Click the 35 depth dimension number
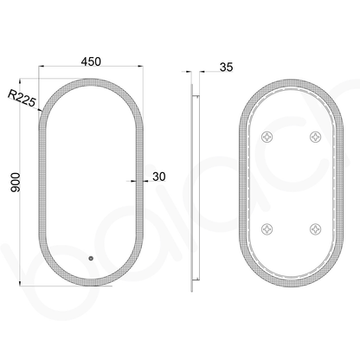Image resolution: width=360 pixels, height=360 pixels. click(226, 67)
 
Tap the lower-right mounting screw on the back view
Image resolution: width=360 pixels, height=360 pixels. click(316, 228)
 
